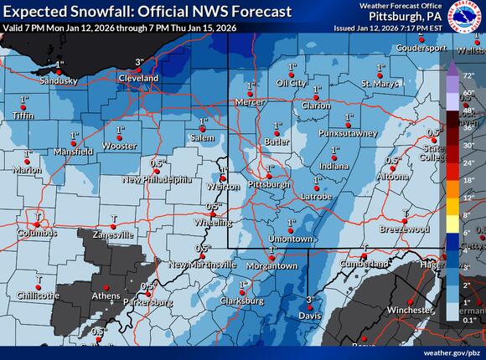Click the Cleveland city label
[138, 76]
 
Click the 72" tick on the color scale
[468, 75]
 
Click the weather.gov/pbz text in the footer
[452, 353]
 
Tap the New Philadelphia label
[157, 179]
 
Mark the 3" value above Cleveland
[140, 61]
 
